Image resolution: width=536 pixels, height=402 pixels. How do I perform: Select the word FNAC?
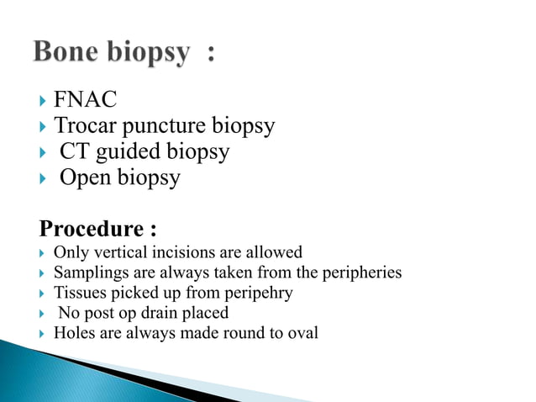(x=85, y=101)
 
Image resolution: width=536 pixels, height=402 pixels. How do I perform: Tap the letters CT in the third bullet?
(x=74, y=153)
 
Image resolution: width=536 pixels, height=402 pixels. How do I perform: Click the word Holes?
(x=72, y=332)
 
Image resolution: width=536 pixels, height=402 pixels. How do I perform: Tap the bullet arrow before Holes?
(x=42, y=333)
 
